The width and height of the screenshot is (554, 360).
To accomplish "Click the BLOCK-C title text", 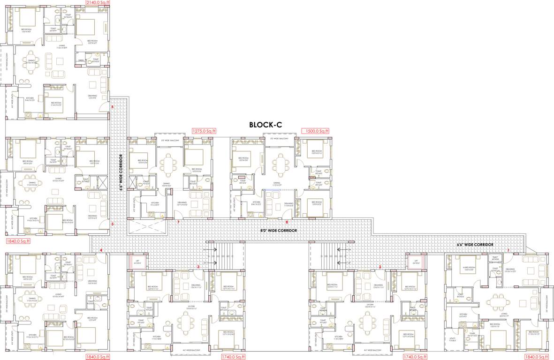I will pos(265,125).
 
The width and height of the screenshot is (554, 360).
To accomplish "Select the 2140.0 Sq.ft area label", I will pos(98,2).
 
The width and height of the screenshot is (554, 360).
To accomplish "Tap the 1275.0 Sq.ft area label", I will pos(203,131).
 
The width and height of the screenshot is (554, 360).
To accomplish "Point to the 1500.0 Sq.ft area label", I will pos(317,131).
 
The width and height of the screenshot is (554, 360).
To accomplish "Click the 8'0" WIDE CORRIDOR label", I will pos(279,231).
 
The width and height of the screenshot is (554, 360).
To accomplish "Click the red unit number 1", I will pos(508,250).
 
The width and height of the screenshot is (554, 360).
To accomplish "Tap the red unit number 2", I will pos(380,267).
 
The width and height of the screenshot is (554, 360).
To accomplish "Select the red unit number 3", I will pos(198,267).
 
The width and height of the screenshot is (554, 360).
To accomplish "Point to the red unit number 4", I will pos(101,250).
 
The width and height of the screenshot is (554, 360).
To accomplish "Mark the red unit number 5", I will pos(113,224).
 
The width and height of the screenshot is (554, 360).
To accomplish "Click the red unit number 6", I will pos(113,107).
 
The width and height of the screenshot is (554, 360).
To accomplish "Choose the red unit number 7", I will pos(178,222).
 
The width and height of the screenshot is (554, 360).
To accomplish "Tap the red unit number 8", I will pos(287,222).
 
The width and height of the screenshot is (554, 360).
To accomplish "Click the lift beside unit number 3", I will pos(137,262).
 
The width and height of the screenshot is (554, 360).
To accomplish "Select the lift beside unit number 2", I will pos(416,262).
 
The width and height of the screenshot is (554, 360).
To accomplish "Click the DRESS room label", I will pos(81,60).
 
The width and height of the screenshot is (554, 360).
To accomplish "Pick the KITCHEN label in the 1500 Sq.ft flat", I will pos(256,203).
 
